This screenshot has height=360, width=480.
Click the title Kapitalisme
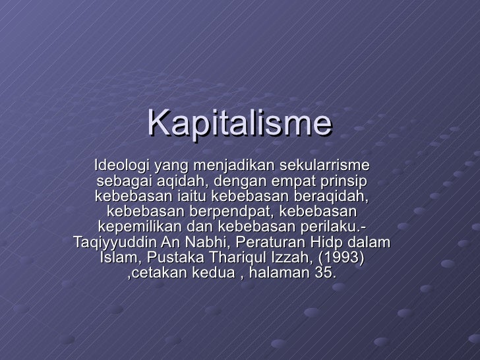click(x=239, y=124)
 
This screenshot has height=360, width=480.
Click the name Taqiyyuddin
click(x=113, y=243)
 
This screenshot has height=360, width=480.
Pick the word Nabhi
click(x=203, y=243)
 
